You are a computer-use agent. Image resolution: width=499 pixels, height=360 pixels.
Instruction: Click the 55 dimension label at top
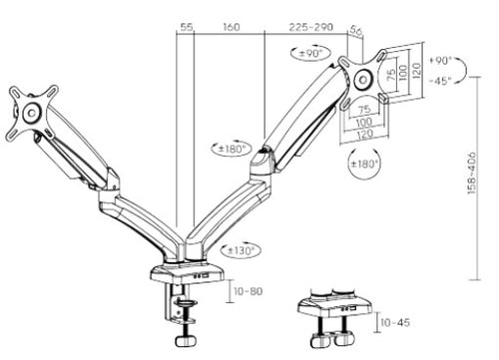tap(187, 27)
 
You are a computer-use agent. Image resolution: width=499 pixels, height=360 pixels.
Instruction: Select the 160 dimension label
tap(232, 27)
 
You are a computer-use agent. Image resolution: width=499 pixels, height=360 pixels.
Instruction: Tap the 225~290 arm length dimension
tap(310, 27)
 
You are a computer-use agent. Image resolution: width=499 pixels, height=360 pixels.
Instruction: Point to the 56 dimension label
tap(356, 31)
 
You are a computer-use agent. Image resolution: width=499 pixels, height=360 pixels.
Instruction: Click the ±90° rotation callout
tap(310, 53)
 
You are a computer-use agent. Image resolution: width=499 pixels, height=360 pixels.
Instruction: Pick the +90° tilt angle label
tap(440, 60)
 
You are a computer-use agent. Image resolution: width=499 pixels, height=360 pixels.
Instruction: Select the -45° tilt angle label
tap(440, 81)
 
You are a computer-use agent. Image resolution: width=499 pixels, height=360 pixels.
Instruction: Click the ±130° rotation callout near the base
tap(241, 250)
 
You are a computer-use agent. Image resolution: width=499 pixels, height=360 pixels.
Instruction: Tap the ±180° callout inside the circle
tap(365, 164)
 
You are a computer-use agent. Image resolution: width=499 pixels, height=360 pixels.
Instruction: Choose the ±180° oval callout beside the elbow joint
tap(232, 149)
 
